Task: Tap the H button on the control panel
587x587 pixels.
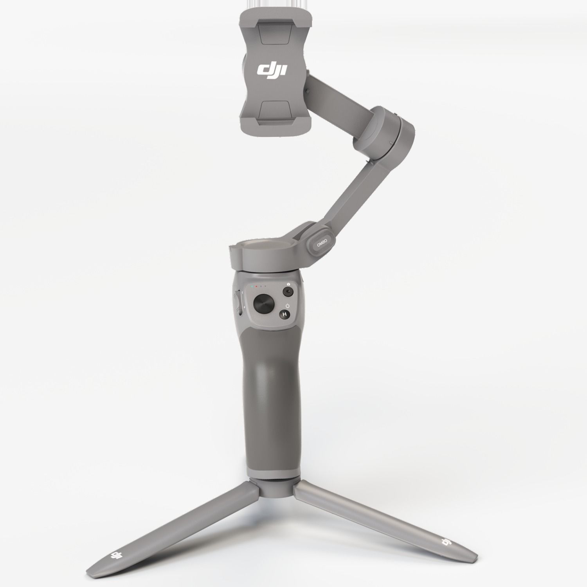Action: (284, 314)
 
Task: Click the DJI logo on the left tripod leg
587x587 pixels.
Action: (115, 555)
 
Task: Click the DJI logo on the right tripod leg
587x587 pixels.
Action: (446, 542)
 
